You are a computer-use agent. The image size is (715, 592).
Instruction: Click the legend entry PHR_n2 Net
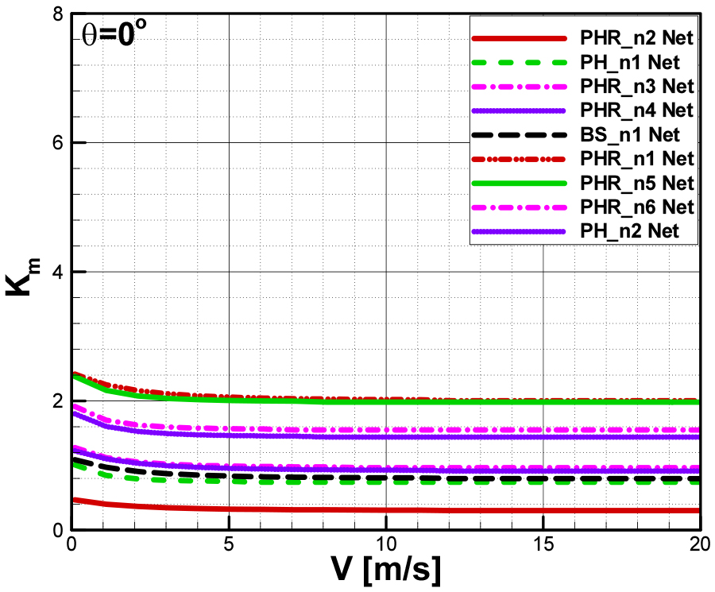[637, 38]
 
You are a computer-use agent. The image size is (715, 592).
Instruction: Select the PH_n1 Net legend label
[632, 62]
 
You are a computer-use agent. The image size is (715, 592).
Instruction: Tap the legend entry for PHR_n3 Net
[637, 85]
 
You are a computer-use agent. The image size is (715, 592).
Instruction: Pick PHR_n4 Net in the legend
[637, 109]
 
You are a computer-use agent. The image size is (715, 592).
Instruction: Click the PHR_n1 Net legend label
[637, 158]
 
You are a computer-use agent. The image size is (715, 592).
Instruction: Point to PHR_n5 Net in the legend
[637, 183]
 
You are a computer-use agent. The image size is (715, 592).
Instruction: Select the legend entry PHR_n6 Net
[637, 207]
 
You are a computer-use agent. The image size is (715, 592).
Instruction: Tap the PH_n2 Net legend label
[632, 231]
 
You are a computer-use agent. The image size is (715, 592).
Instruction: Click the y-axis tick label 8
[57, 14]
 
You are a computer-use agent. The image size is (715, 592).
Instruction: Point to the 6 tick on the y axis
[57, 143]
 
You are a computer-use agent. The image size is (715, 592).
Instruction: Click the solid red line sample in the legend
[520, 38]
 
